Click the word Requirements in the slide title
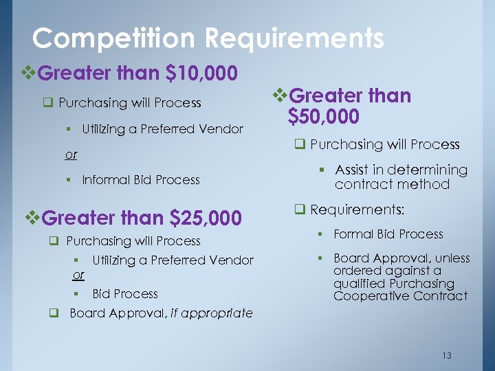pyautogui.click(x=296, y=38)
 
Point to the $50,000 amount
pyautogui.click(x=323, y=117)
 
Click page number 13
pyautogui.click(x=447, y=355)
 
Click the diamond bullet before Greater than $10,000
pyautogui.click(x=29, y=72)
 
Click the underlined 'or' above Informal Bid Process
pyautogui.click(x=71, y=155)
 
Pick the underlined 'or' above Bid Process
pyautogui.click(x=78, y=275)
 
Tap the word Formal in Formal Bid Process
pyautogui.click(x=354, y=234)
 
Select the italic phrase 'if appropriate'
pyautogui.click(x=212, y=313)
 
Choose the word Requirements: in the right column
pyautogui.click(x=357, y=209)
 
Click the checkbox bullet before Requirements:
pyautogui.click(x=300, y=209)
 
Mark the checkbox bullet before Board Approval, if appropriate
pyautogui.click(x=52, y=313)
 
